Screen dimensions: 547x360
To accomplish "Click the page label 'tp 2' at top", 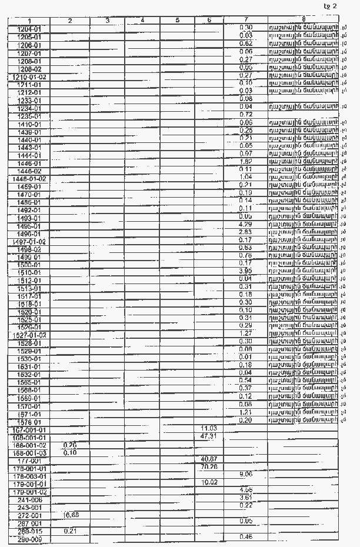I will click(331, 6).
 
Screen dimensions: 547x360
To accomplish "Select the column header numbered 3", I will click(108, 21).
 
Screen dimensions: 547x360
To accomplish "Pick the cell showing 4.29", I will click(246, 225).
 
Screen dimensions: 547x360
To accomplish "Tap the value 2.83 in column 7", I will click(246, 232).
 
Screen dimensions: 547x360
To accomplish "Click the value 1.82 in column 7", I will click(246, 161).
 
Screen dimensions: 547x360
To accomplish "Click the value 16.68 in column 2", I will click(70, 514).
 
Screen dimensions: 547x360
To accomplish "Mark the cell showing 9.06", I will click(246, 473).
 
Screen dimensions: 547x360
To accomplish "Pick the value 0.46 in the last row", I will click(246, 536).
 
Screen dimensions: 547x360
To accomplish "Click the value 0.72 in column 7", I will click(246, 114).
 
